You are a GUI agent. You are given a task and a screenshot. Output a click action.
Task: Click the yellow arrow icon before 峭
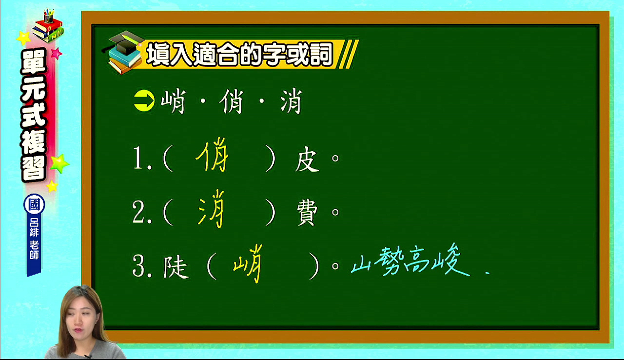coord(144,101)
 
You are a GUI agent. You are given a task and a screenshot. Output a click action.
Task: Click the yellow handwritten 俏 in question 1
coord(212,155)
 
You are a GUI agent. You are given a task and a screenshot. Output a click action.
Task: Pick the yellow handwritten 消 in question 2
coord(211,208)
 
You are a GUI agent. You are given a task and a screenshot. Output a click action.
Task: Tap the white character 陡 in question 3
coord(175,266)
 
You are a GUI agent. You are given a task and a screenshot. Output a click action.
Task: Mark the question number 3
coord(139,266)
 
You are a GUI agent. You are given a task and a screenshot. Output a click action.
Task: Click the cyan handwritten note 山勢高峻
coord(410,260)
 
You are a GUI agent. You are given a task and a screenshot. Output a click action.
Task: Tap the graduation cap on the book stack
coord(124,42)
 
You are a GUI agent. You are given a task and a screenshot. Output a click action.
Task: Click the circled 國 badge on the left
coord(34,204)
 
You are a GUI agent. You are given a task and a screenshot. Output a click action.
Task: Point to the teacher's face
coord(79,320)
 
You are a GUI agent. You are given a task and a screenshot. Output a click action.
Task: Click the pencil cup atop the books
coord(48,17)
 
